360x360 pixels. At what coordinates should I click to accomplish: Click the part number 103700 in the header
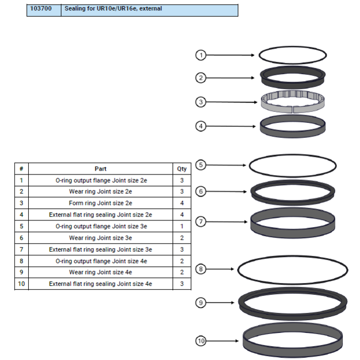click(x=43, y=9)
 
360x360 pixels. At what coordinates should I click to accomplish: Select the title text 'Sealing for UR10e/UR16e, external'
click(x=113, y=9)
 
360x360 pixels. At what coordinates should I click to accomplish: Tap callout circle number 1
click(x=200, y=55)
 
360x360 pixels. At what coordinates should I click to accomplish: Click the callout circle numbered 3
click(x=200, y=102)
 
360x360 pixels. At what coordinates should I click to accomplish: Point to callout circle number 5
click(x=200, y=164)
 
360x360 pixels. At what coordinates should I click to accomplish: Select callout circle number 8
click(x=200, y=269)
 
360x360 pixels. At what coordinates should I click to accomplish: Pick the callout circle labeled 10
click(x=200, y=341)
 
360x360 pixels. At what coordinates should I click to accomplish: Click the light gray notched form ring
click(x=292, y=102)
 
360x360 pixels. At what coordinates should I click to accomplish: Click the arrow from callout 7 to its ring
click(x=227, y=222)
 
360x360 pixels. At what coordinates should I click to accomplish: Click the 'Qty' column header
click(x=182, y=169)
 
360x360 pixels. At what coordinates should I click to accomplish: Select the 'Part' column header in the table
click(x=101, y=169)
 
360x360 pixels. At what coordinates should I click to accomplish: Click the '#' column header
click(x=21, y=169)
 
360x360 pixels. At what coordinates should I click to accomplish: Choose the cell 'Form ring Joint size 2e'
click(x=101, y=203)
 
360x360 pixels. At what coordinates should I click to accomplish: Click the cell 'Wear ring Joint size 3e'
click(x=101, y=238)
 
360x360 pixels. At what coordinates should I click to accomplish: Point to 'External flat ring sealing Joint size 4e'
click(x=101, y=284)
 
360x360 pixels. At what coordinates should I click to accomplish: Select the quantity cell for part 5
click(x=182, y=226)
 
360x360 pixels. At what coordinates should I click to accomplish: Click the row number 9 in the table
click(x=21, y=272)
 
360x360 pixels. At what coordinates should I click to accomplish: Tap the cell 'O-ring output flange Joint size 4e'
click(x=101, y=261)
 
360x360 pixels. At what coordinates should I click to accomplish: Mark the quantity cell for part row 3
click(x=182, y=203)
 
